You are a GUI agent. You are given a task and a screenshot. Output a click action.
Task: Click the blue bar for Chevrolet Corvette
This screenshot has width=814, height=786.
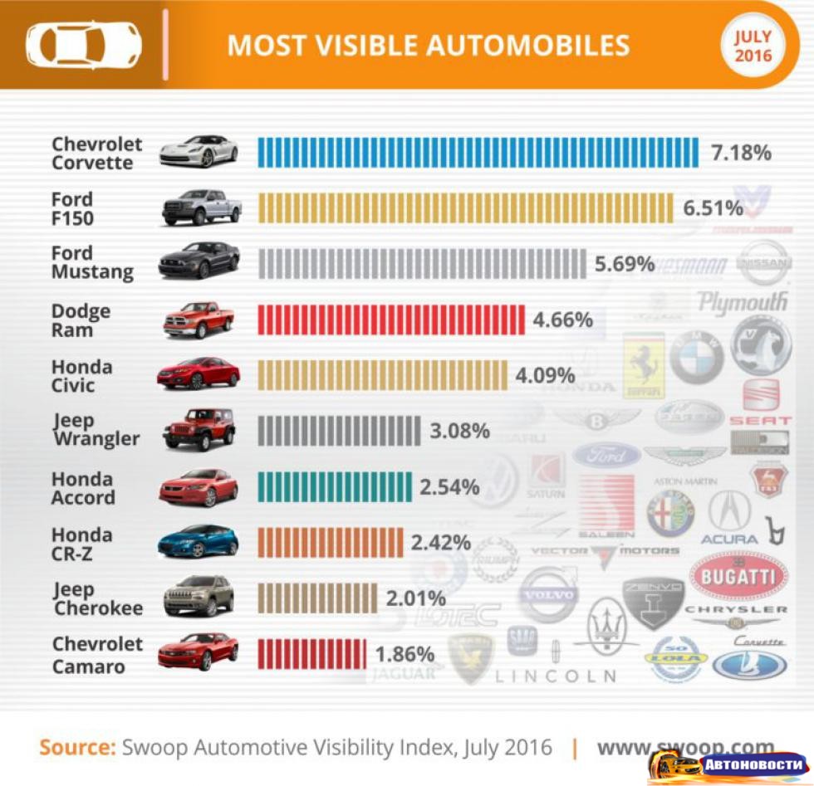click(x=478, y=153)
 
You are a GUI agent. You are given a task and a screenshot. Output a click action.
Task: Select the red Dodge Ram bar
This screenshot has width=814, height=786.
click(x=390, y=320)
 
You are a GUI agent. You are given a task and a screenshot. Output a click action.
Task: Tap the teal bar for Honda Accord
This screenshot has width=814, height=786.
click(x=335, y=486)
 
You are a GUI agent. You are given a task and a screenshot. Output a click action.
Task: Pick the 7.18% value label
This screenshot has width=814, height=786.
click(x=741, y=153)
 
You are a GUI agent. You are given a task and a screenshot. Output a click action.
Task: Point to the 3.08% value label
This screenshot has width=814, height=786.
click(x=459, y=431)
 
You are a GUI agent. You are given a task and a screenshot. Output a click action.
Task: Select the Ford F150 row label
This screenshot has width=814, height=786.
click(x=73, y=208)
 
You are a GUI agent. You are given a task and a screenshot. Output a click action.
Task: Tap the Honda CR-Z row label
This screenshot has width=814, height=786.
click(x=82, y=543)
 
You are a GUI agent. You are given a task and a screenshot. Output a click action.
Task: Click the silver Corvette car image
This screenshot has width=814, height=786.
click(x=199, y=151)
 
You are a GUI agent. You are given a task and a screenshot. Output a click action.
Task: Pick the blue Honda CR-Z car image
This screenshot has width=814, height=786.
click(x=198, y=541)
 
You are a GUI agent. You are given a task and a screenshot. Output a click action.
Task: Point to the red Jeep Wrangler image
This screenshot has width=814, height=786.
click(x=199, y=428)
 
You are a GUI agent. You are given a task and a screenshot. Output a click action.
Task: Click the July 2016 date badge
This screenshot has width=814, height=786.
click(x=753, y=46)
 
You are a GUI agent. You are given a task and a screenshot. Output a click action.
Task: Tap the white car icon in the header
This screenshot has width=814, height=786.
click(x=83, y=45)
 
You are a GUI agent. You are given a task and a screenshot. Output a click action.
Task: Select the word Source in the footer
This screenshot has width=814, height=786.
click(x=77, y=747)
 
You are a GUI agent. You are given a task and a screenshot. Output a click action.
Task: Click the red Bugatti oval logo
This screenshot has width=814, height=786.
click(x=738, y=575)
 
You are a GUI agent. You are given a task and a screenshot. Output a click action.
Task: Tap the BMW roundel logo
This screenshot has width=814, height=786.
click(x=696, y=359)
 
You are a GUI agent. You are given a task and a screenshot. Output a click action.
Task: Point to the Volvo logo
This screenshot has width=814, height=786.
click(x=549, y=594)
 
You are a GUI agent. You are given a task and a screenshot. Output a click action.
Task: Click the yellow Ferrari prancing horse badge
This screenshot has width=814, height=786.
click(x=643, y=364)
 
